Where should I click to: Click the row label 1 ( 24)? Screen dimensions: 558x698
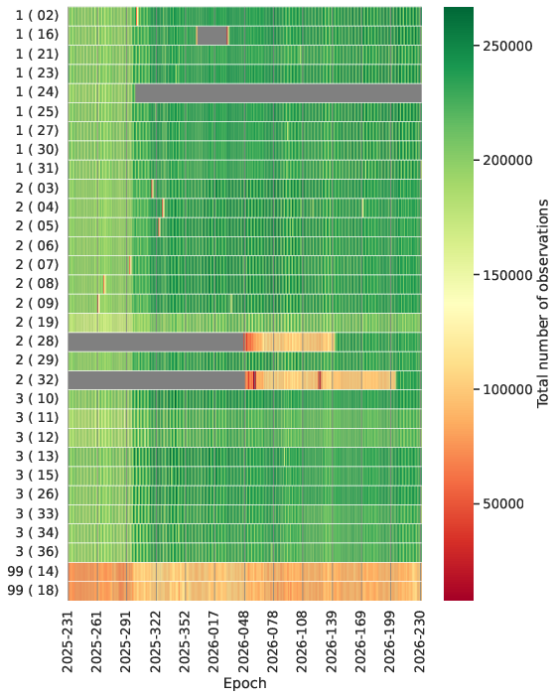pyautogui.click(x=37, y=92)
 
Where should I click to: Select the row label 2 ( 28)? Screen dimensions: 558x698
pyautogui.click(x=37, y=342)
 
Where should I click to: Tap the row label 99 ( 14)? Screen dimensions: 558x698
pyautogui.click(x=33, y=571)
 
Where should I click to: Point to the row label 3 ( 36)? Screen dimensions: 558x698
pyautogui.click(x=37, y=552)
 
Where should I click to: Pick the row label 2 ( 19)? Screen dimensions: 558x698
pyautogui.click(x=37, y=323)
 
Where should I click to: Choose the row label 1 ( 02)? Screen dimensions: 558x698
pyautogui.click(x=37, y=16)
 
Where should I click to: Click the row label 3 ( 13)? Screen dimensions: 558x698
pyautogui.click(x=37, y=457)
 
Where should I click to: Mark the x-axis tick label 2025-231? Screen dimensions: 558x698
pyautogui.click(x=68, y=642)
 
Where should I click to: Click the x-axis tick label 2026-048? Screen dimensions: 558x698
pyautogui.click(x=244, y=642)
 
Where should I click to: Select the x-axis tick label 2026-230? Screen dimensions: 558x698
pyautogui.click(x=421, y=642)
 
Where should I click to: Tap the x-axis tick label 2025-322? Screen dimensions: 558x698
pyautogui.click(x=156, y=642)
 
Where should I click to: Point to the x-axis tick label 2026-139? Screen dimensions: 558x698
pyautogui.click(x=333, y=642)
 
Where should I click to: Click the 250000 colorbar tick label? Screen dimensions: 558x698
pyautogui.click(x=507, y=47)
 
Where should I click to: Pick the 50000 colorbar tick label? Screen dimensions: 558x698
pyautogui.click(x=503, y=504)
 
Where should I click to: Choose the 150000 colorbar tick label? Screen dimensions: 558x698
pyautogui.click(x=507, y=276)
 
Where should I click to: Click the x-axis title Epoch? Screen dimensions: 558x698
pyautogui.click(x=244, y=683)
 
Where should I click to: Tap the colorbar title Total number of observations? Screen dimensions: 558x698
pyautogui.click(x=543, y=304)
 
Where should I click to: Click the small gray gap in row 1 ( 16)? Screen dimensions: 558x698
pyautogui.click(x=212, y=36)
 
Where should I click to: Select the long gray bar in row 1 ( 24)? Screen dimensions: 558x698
pyautogui.click(x=278, y=93)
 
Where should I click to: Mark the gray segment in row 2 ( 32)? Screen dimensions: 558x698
pyautogui.click(x=157, y=380)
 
